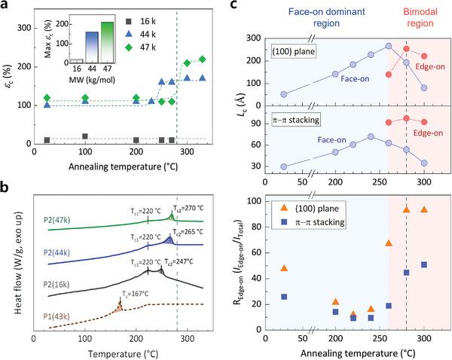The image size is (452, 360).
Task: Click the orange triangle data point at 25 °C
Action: [284, 269]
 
